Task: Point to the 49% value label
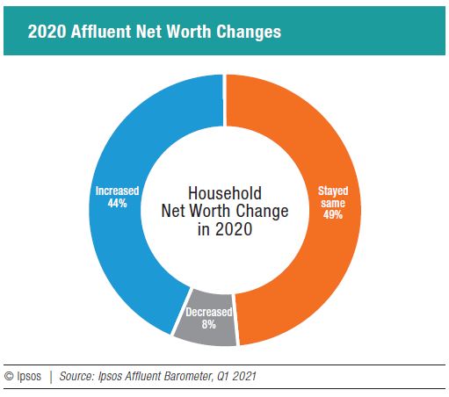pos(333,214)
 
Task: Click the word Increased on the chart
pos(118,190)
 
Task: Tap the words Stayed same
pos(333,195)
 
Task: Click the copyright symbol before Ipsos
pos(10,377)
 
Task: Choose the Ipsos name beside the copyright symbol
pos(30,377)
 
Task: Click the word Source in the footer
pos(79,377)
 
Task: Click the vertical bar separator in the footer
pos(51,377)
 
